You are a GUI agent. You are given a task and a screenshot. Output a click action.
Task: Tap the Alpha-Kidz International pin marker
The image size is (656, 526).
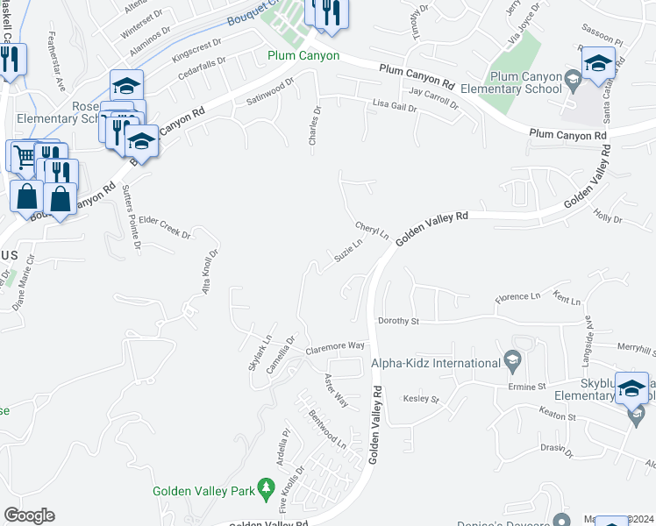[x=512, y=360]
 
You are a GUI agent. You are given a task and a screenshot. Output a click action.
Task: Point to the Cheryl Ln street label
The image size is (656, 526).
[x=372, y=227]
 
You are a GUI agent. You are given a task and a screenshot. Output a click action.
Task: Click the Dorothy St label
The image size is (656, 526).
[x=398, y=322]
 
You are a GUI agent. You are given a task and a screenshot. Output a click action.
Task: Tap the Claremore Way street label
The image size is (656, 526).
[x=335, y=347]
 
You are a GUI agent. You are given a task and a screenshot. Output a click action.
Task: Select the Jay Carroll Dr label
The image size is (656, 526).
[x=433, y=97]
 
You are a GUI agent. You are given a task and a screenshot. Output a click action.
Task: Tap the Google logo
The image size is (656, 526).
[x=29, y=515]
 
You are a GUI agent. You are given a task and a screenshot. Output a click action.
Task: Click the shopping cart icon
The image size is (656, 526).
[x=23, y=156]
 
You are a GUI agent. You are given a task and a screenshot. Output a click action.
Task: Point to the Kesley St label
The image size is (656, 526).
[x=421, y=399]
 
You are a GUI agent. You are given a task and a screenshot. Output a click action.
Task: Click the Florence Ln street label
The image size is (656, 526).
[x=517, y=297]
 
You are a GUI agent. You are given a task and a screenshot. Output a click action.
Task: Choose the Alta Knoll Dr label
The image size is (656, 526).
[x=210, y=271]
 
